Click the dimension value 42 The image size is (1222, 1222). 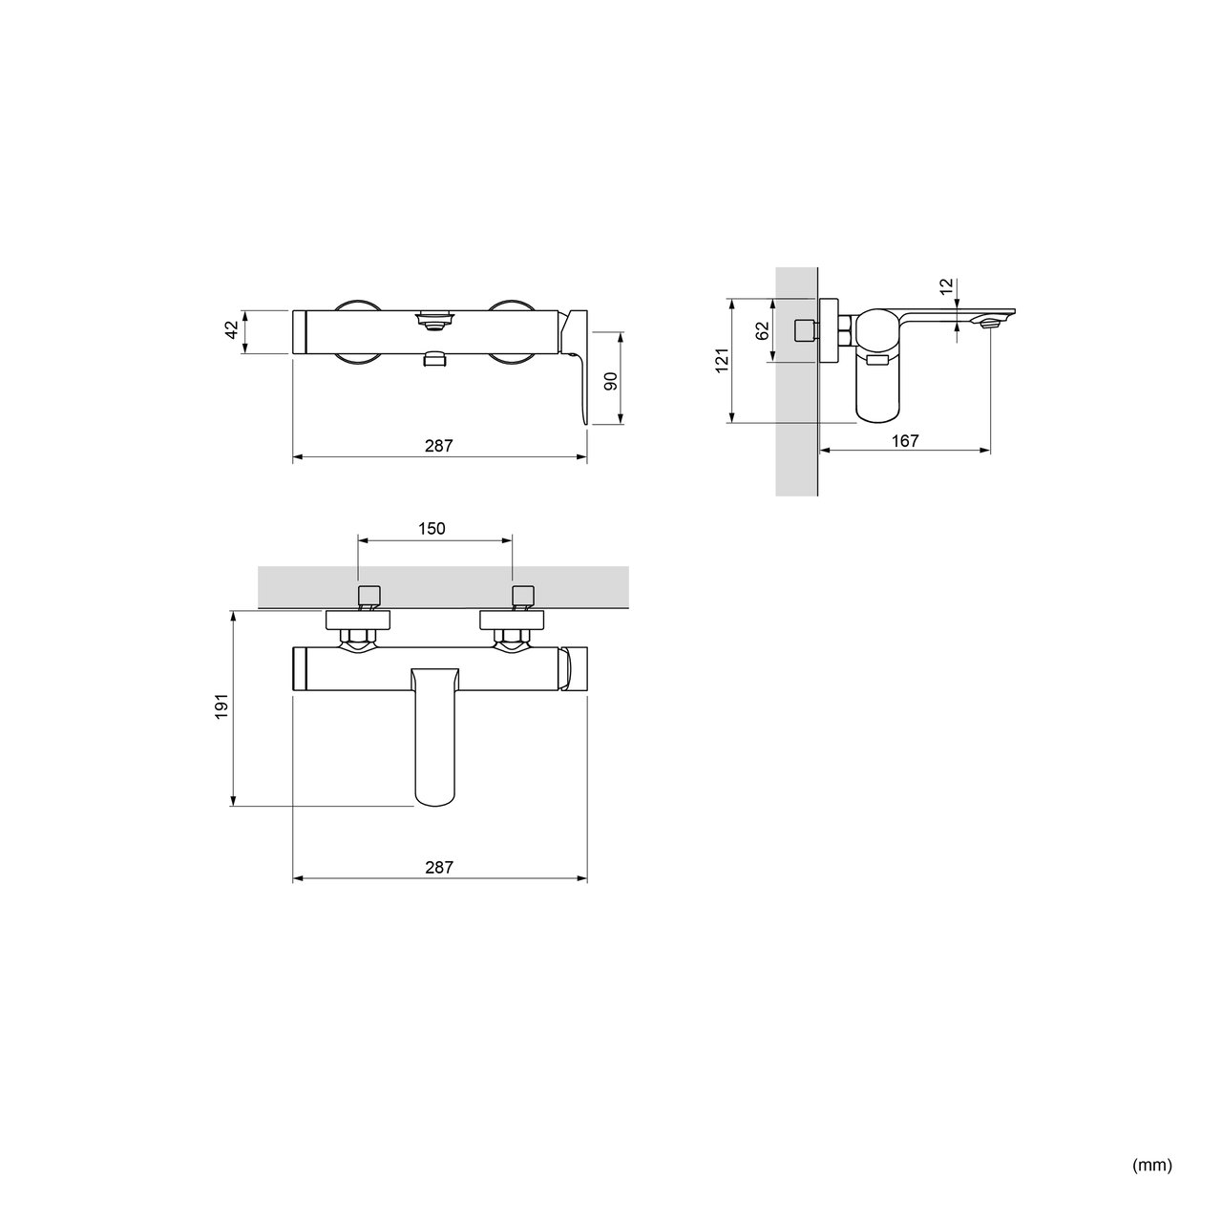pyautogui.click(x=233, y=330)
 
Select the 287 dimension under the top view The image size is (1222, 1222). pyautogui.click(x=439, y=446)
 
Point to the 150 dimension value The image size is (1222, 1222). pyautogui.click(x=432, y=528)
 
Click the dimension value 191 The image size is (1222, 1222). pyautogui.click(x=221, y=706)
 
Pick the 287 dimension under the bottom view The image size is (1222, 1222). pyautogui.click(x=439, y=867)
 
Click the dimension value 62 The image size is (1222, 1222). pyautogui.click(x=763, y=330)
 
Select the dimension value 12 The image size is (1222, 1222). pyautogui.click(x=947, y=286)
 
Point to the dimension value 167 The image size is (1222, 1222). pyautogui.click(x=905, y=440)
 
